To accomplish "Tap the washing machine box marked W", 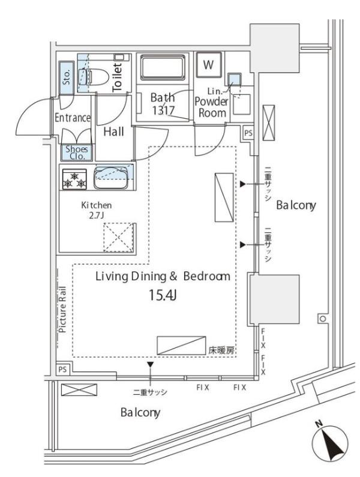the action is tap(208, 64).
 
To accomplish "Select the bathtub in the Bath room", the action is tap(163, 67).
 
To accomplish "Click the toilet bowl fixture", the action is tap(94, 76).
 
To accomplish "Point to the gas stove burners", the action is tap(74, 179).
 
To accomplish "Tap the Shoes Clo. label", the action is tap(77, 152).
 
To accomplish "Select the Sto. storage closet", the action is tap(67, 77).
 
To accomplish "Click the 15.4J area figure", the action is tap(163, 295).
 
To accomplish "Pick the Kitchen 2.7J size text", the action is tap(96, 210).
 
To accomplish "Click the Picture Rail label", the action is tap(62, 310).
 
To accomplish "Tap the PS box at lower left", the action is tap(62, 370).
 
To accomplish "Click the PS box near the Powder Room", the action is tap(248, 133).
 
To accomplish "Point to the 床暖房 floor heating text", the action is tap(221, 350).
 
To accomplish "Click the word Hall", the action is tap(113, 132).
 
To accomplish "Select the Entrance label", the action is tap(73, 118).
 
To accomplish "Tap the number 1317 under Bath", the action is tap(163, 110).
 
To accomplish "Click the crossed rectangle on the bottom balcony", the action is tap(79, 389).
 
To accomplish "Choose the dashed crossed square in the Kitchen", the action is tap(118, 237).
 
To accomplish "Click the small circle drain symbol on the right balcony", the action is tap(322, 319).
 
